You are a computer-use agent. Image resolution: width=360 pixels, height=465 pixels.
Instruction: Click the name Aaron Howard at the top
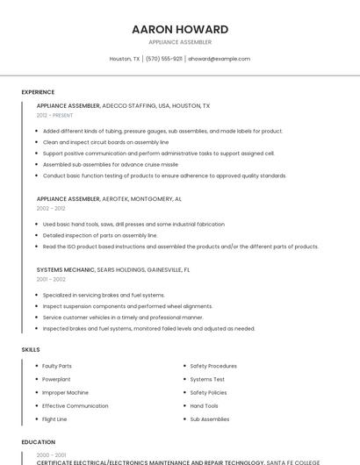180,29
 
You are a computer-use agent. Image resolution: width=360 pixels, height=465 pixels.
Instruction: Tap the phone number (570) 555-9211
163,59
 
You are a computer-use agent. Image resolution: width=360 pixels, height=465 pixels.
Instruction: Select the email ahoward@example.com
219,59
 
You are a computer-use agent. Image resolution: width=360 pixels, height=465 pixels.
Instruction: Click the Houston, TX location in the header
124,59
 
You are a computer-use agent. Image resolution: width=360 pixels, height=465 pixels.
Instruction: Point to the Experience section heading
38,92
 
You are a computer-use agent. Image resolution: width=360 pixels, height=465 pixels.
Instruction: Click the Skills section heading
31,349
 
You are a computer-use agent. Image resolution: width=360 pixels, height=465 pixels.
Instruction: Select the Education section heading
38,442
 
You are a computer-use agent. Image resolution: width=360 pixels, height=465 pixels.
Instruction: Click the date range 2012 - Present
54,115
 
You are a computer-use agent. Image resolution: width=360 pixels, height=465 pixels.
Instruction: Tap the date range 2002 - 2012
51,209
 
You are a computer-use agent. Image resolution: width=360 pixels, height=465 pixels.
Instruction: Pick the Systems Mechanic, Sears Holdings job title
113,269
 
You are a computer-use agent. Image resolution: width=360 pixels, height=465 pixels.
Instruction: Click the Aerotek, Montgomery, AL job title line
109,199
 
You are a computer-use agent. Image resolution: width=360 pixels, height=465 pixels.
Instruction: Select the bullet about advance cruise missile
110,164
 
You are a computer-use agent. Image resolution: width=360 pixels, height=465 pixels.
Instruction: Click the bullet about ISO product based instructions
180,247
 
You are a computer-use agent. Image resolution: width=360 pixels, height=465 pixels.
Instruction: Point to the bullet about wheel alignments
127,306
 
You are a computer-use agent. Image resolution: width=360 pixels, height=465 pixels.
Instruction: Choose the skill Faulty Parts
57,366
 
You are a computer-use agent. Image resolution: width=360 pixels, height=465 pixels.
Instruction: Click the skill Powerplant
56,379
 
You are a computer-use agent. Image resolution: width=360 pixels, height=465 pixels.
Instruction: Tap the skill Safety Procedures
213,366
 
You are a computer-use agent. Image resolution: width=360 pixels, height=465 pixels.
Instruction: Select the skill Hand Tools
204,406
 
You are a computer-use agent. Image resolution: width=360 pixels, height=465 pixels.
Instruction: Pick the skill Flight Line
54,419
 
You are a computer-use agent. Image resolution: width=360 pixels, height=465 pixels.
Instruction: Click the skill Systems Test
207,379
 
